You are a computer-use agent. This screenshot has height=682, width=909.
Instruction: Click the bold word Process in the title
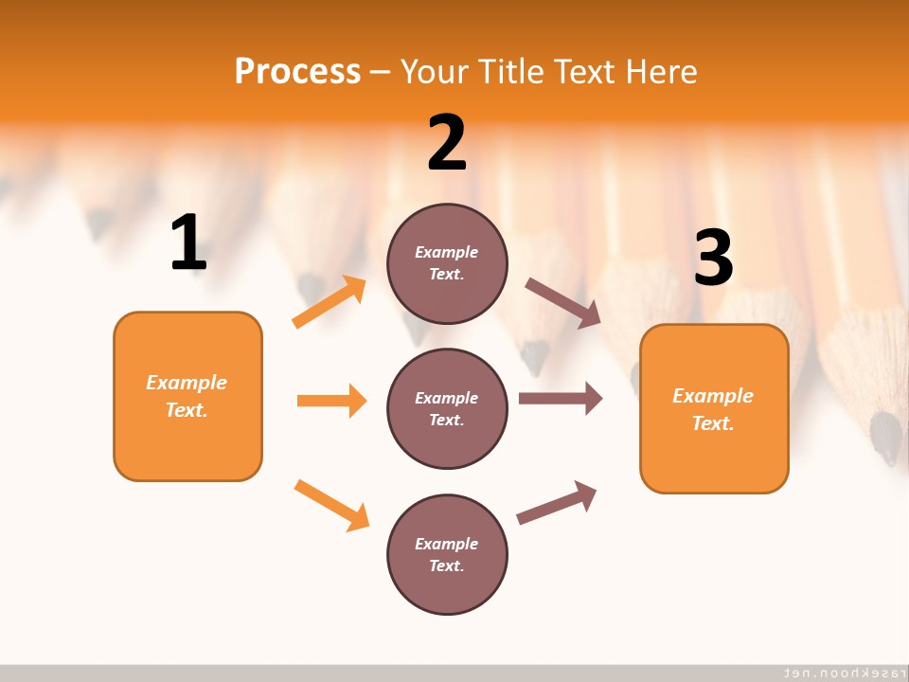(x=297, y=71)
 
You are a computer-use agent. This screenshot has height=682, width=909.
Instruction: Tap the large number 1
(x=188, y=243)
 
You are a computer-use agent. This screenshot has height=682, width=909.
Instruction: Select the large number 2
(x=447, y=143)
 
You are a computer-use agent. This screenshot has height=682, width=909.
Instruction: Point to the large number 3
(x=713, y=258)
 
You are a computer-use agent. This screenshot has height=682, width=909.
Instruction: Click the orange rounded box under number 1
(x=187, y=396)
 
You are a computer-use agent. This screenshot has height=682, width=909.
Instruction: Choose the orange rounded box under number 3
(x=714, y=408)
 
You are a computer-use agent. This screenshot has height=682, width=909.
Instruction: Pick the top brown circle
(x=447, y=263)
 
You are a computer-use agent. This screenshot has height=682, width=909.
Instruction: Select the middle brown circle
(x=447, y=408)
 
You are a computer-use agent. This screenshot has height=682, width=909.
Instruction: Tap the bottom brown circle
(x=447, y=554)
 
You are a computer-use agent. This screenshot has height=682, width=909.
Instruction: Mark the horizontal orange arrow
(x=331, y=401)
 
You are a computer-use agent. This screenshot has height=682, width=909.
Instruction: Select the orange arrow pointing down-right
(x=331, y=505)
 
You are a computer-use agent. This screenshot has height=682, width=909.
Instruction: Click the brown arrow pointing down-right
(x=562, y=303)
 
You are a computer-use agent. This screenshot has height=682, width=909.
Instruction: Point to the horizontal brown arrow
(x=560, y=398)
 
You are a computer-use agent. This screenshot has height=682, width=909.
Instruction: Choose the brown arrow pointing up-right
(x=557, y=502)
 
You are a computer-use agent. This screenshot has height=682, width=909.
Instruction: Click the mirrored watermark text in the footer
(x=841, y=672)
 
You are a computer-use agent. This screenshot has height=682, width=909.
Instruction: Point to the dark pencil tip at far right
(x=885, y=438)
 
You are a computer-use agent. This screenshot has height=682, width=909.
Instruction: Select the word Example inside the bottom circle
(x=446, y=544)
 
